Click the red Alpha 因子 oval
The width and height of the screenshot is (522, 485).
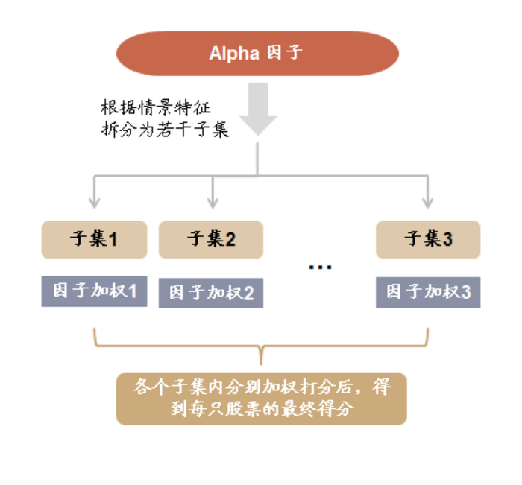point(257,54)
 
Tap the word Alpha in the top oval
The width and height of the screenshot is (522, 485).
point(233,54)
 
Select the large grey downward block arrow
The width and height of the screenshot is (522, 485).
point(258,109)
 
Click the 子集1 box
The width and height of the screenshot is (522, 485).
point(94,239)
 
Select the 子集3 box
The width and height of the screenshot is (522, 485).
point(428,239)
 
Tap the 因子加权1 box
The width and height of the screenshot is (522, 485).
point(94,291)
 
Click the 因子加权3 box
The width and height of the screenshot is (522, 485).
point(428,291)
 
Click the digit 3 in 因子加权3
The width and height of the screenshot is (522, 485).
point(466,291)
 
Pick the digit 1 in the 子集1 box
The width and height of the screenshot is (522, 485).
point(113,239)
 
